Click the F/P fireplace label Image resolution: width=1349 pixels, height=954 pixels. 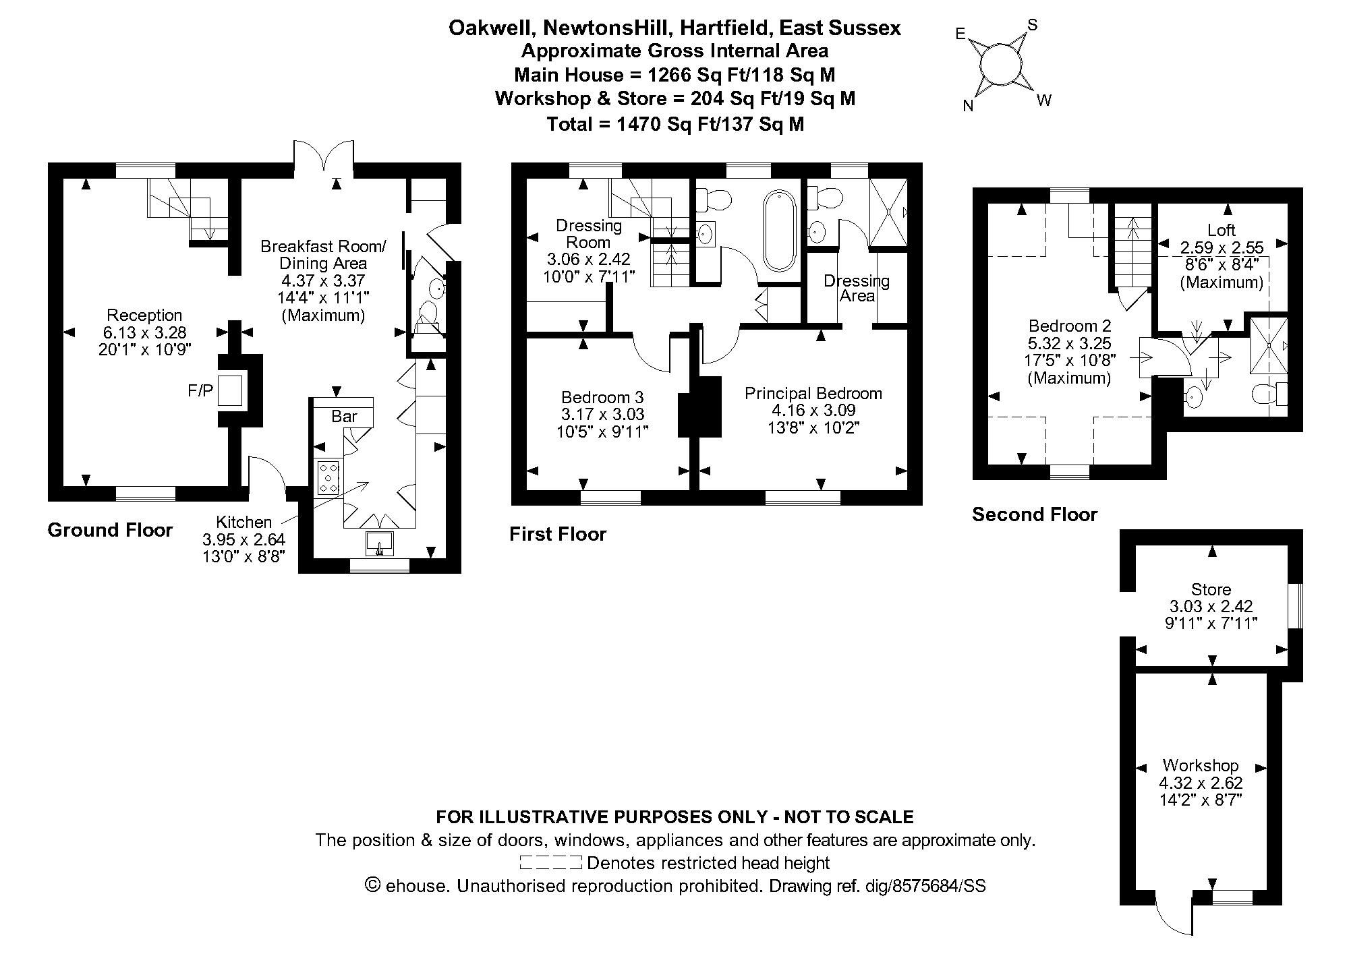(200, 391)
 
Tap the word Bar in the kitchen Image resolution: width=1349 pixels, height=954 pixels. (344, 417)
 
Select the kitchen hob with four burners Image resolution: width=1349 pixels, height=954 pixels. (328, 477)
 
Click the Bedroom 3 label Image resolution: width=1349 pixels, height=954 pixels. (602, 397)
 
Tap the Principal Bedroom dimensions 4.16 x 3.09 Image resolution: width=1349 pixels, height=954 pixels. (813, 411)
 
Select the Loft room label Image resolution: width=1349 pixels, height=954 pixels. (1222, 231)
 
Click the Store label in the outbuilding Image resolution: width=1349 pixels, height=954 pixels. (1211, 589)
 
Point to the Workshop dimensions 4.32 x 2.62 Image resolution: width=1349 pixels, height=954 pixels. (1201, 783)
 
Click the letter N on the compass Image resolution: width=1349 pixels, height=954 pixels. (968, 106)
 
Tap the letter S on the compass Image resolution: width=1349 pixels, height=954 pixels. (1032, 26)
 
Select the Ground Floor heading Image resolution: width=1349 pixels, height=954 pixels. (110, 530)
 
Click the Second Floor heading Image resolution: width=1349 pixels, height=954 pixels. (1035, 515)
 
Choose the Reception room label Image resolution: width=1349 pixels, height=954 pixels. (144, 315)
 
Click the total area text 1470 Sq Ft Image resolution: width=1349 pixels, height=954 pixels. (675, 124)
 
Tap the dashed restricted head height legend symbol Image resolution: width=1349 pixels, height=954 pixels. (550, 862)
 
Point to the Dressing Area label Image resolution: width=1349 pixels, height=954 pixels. (857, 288)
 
